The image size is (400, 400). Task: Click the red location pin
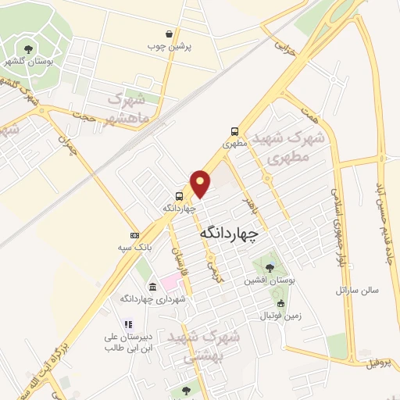[x=202, y=183]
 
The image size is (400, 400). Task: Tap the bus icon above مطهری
[x=234, y=131]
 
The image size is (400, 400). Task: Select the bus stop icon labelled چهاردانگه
[x=180, y=196]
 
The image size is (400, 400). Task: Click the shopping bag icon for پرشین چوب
[x=170, y=34]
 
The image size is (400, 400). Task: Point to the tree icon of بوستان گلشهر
[x=30, y=49]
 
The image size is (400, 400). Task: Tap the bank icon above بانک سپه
[x=134, y=234]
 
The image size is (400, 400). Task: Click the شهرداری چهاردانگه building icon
[x=152, y=287]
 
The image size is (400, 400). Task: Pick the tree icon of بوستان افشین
[x=269, y=267]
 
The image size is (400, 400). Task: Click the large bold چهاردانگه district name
[x=232, y=232]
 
